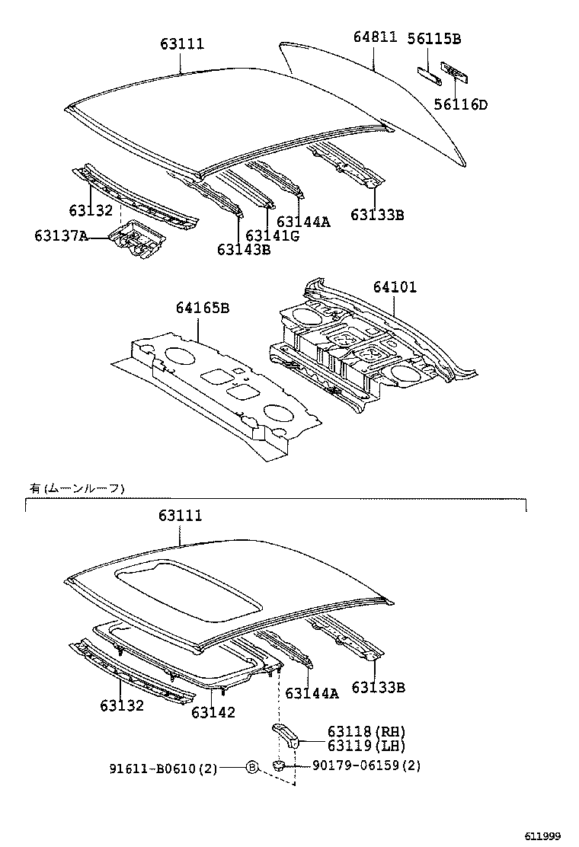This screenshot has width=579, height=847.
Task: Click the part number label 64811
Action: click(x=375, y=37)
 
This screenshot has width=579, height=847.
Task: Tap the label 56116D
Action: click(x=460, y=104)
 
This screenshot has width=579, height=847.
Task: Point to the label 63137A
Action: click(x=60, y=236)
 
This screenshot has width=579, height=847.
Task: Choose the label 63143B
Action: click(x=243, y=249)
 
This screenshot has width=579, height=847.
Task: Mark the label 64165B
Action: click(x=203, y=308)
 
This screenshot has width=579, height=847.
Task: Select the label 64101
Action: click(x=395, y=288)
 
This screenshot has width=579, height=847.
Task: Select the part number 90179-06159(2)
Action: click(x=366, y=765)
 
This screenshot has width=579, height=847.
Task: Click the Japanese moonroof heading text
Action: click(x=75, y=488)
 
